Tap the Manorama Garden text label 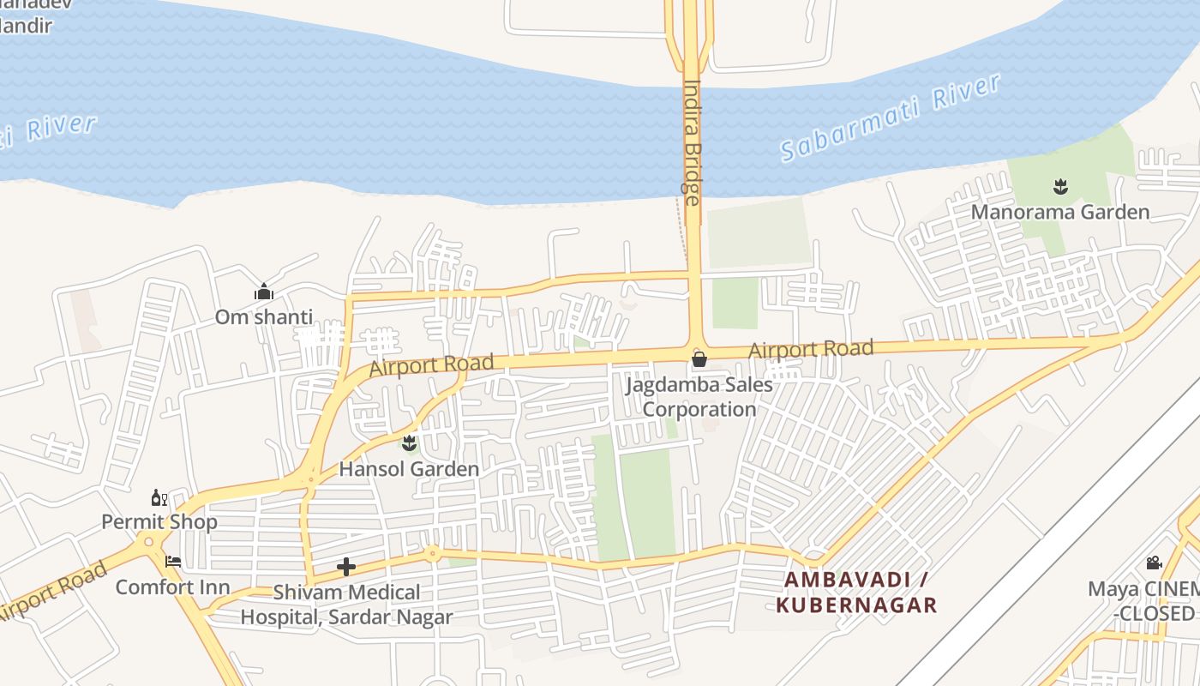tap(1059, 212)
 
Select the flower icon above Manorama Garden tap(1060, 185)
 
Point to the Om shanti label tap(264, 316)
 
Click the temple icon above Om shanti tap(264, 292)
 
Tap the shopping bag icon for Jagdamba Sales tap(699, 358)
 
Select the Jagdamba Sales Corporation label tap(699, 397)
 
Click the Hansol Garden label tap(409, 469)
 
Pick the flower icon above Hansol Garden tap(409, 443)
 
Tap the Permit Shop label tap(159, 521)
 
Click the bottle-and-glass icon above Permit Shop tap(159, 497)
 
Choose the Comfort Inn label tap(172, 587)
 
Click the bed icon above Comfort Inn tap(173, 563)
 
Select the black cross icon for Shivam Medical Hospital tap(346, 567)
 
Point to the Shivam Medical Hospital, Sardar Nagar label tap(346, 604)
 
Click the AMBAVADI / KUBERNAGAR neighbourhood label tap(857, 592)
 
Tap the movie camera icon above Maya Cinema tap(1154, 563)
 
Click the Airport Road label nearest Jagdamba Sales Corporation tap(811, 349)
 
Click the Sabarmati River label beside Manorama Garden tap(891, 117)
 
